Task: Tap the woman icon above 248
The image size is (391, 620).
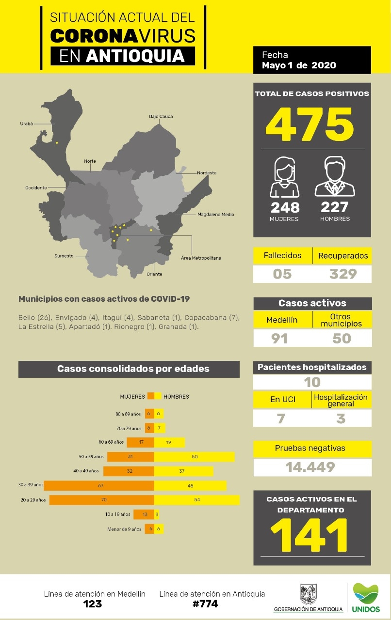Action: pos(285,177)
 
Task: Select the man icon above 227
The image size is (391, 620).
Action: pos(335,177)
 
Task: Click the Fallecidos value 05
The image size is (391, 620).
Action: pos(282,274)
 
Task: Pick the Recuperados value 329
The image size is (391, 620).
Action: pos(343,274)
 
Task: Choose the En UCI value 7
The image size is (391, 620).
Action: pos(281,418)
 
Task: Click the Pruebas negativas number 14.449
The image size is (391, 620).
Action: pos(310,467)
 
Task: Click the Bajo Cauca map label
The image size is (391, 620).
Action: pos(161,117)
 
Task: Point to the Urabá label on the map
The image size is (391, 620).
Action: pos(26,124)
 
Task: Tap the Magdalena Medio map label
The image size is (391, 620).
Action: pos(216,214)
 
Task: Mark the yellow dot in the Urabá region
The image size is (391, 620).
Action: pos(57,143)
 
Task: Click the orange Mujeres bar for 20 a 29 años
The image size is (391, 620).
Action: pos(102,500)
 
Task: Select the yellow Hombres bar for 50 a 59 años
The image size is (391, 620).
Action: pos(194,457)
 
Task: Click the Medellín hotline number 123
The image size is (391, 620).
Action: pos(92,604)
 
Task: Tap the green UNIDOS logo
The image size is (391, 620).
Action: pos(366,597)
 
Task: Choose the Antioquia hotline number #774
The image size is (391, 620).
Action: pos(205,604)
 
